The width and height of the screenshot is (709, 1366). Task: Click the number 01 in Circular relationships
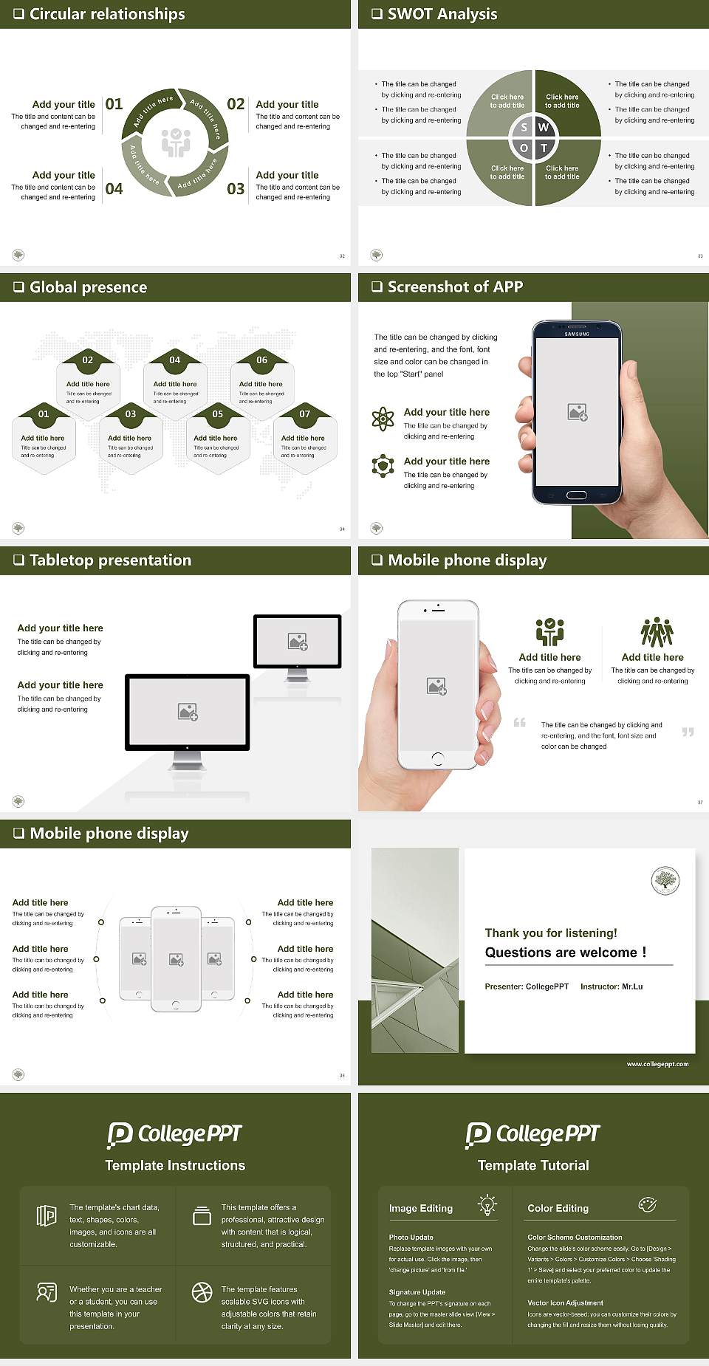click(x=114, y=104)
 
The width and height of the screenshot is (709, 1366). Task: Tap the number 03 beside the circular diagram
click(x=236, y=189)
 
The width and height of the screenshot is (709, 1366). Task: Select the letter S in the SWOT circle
click(x=524, y=127)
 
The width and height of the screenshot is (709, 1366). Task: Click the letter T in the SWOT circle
click(x=544, y=148)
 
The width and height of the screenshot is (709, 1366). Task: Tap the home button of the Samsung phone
click(x=577, y=495)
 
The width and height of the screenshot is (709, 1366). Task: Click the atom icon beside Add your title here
click(x=383, y=419)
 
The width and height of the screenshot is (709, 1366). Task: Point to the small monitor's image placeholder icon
click(x=298, y=642)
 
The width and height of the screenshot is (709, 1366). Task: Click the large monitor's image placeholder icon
click(x=188, y=711)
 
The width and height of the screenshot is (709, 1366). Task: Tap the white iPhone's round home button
click(x=438, y=758)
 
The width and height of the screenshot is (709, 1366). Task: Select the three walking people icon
click(x=657, y=632)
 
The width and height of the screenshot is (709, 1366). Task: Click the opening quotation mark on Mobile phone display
click(x=520, y=722)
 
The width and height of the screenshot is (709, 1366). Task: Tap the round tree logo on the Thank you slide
click(x=665, y=880)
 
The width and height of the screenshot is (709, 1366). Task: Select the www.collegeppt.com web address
click(x=657, y=1064)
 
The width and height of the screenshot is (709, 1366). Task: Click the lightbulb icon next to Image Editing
click(x=487, y=1204)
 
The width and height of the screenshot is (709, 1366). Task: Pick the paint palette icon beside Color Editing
click(x=647, y=1204)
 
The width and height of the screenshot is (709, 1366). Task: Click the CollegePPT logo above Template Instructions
click(x=175, y=1134)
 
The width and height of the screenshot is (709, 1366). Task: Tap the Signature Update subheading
click(x=417, y=1292)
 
